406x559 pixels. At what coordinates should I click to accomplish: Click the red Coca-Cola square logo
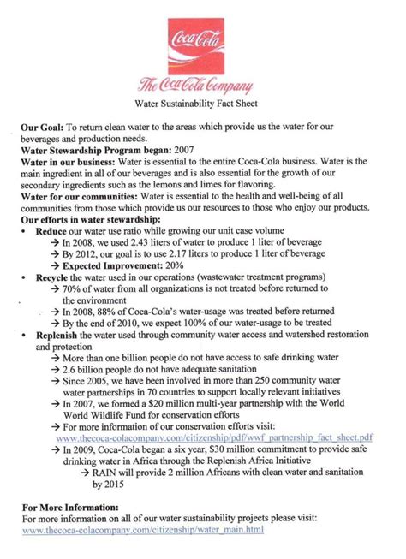point(201,44)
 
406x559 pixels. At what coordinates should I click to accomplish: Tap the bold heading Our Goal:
point(43,126)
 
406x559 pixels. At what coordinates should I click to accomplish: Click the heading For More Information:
point(70,508)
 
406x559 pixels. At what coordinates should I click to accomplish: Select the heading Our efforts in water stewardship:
point(94,219)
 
